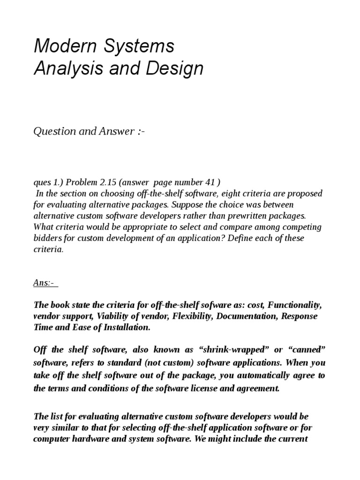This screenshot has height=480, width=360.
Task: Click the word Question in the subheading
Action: point(54,131)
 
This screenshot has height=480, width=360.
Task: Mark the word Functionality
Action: point(295,305)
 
